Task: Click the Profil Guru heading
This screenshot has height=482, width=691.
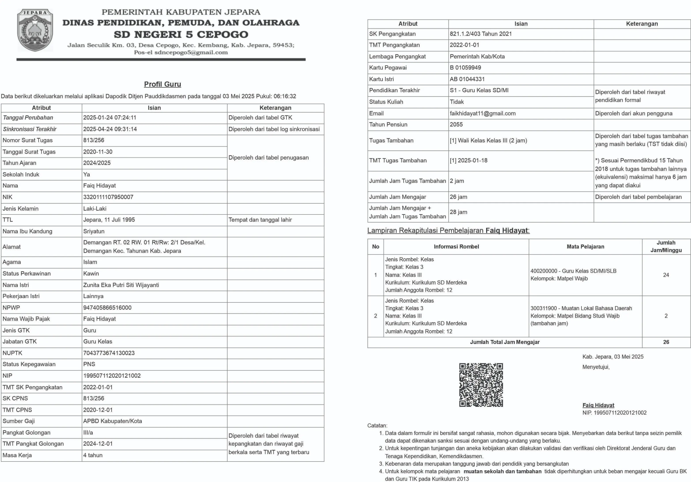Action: (x=162, y=84)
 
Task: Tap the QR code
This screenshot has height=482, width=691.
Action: (x=481, y=385)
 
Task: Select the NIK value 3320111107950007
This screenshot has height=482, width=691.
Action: (x=108, y=197)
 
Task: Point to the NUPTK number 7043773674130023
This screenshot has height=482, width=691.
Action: (x=109, y=353)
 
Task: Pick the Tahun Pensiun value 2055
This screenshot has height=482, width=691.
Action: (x=456, y=125)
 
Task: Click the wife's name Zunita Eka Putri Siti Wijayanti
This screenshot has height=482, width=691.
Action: (x=121, y=285)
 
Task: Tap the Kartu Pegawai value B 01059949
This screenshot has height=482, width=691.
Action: (x=465, y=68)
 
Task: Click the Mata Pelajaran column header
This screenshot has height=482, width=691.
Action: (x=585, y=247)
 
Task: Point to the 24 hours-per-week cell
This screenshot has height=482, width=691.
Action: (x=666, y=275)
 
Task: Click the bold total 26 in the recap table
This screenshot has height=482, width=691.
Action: (x=666, y=342)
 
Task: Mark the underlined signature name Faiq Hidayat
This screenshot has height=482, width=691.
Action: (x=598, y=405)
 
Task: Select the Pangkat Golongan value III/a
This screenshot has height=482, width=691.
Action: (x=88, y=433)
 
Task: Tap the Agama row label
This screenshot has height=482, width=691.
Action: (x=12, y=262)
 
